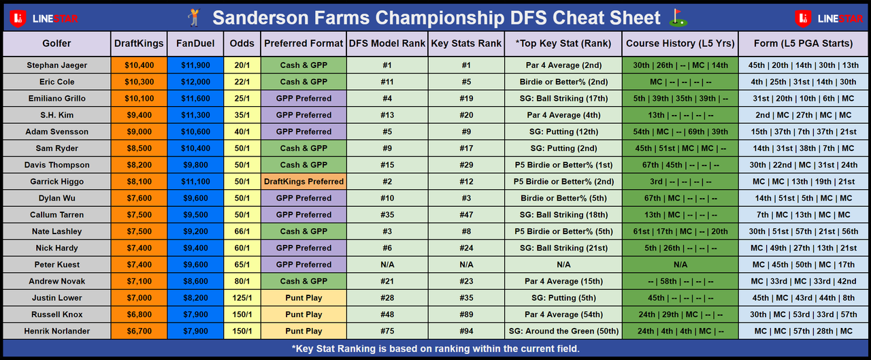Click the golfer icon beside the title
coord(194,18)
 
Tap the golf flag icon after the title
coord(678,18)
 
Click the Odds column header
coord(242,44)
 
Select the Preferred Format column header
coord(303,44)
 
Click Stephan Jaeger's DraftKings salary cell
coord(139,65)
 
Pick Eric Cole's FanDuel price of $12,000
coord(195,82)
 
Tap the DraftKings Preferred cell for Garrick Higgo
coord(303,182)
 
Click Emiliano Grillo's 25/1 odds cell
coord(242,99)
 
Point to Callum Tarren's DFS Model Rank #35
coord(387,214)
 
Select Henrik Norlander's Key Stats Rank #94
coord(466,331)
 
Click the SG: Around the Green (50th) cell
coord(563,331)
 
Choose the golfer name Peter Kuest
coord(56,265)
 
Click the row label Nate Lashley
coord(56,231)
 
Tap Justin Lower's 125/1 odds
coord(242,298)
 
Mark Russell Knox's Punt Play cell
coord(303,314)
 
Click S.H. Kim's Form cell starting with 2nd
coord(804,115)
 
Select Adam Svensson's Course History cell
coord(680,132)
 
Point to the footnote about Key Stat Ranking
coord(435,348)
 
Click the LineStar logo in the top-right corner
coord(829,18)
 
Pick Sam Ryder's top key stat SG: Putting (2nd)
coord(563,148)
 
